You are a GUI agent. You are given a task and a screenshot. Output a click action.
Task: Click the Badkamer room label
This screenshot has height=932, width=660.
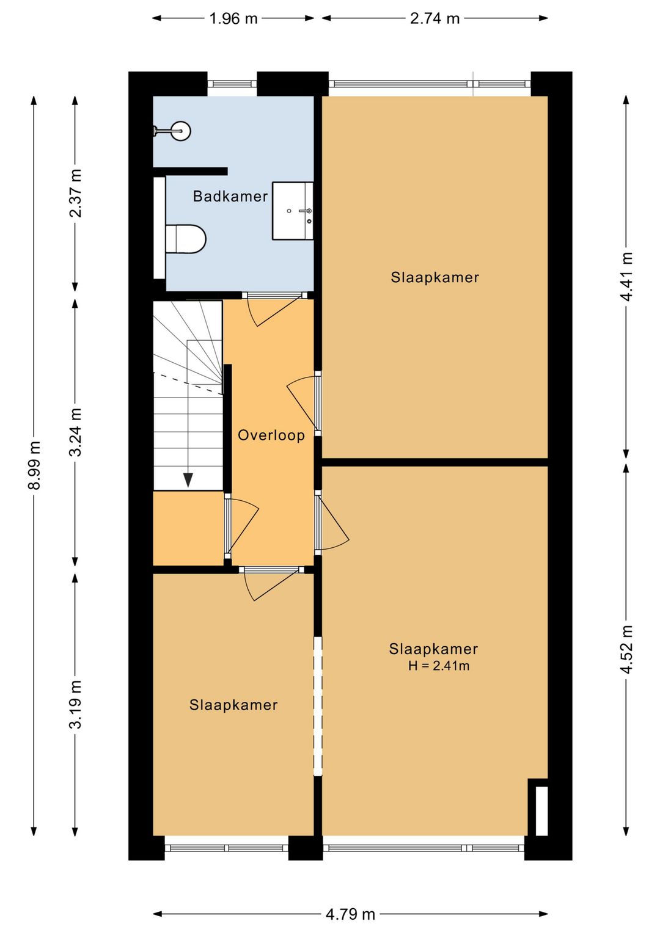tap(230, 196)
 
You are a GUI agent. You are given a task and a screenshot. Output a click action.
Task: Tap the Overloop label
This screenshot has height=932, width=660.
tap(271, 435)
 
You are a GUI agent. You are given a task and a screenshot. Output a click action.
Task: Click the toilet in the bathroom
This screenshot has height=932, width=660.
tap(186, 239)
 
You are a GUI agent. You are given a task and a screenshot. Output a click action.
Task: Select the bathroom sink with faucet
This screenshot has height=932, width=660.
tap(293, 211)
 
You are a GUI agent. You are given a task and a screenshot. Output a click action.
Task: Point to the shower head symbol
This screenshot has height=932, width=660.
tap(180, 131)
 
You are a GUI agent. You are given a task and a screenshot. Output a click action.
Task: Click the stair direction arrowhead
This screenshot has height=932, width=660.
tap(188, 480)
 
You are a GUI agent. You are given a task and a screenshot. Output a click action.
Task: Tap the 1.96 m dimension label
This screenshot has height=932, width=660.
tap(233, 18)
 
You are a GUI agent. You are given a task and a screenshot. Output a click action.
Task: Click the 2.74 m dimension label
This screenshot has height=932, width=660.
tap(435, 18)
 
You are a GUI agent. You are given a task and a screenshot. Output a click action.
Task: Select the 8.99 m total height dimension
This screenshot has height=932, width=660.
tap(34, 465)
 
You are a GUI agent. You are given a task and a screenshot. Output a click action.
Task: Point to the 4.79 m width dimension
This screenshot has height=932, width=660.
tap(350, 914)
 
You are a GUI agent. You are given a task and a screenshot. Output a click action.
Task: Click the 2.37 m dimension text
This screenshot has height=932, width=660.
tap(75, 193)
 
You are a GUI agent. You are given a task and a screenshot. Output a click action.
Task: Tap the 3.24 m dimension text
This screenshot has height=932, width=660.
tap(75, 432)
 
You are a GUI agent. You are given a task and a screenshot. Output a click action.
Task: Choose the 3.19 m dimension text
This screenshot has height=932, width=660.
tap(75, 704)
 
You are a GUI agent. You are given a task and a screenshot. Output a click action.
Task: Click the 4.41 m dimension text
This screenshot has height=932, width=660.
tap(626, 276)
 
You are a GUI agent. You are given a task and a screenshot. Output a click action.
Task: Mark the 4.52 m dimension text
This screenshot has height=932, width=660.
tap(626, 649)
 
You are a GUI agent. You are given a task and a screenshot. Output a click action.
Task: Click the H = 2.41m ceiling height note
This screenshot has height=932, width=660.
tap(439, 666)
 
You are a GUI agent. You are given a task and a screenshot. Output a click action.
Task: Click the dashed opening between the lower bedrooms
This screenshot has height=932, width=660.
tap(318, 706)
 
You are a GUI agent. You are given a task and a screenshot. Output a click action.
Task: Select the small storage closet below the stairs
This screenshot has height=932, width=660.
tap(188, 528)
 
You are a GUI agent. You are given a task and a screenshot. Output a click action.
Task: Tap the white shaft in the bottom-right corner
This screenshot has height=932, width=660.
tap(541, 810)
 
